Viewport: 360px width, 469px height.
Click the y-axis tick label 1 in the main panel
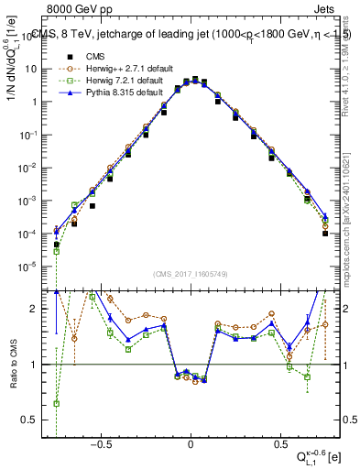39,102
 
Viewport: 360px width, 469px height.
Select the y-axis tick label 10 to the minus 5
34,267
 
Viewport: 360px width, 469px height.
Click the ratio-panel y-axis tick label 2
39,309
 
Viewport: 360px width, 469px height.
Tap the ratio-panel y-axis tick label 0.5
36,420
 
